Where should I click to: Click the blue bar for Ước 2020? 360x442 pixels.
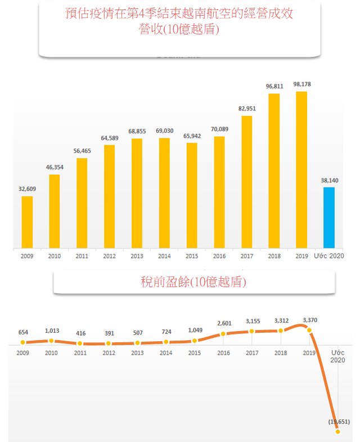pos(329,217)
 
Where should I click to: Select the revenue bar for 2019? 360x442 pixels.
pos(301,169)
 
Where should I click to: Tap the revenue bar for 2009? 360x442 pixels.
pos(27,222)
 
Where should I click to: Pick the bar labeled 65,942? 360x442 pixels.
pos(192,195)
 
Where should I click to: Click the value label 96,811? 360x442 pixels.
pos(274,86)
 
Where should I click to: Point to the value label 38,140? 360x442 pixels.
pos(329,180)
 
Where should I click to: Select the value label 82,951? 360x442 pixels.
pos(247,108)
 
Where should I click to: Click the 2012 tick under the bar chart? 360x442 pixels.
pos(109,256)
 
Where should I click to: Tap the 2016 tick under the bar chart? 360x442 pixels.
pos(219,256)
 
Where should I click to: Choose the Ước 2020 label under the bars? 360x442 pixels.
pos(328,256)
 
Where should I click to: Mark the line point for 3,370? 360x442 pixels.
pos(309,329)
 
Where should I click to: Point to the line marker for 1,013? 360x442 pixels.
pos(51,341)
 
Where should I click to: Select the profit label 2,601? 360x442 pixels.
pos(223,323)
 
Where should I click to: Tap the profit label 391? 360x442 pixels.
pos(109,333)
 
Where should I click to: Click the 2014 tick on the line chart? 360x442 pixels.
pos(166,352)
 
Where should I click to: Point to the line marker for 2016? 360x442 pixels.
pos(223,334)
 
